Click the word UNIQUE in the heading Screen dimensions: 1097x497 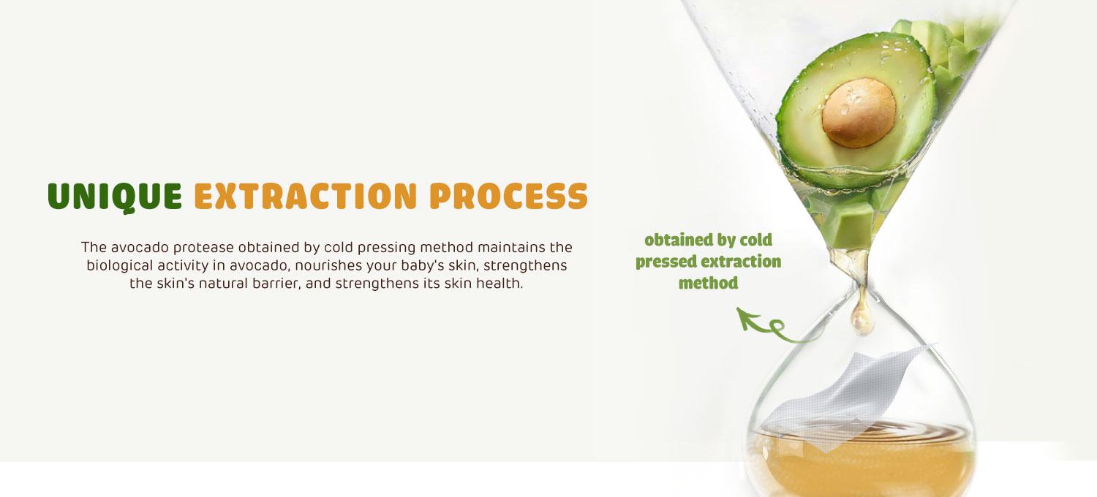(115, 197)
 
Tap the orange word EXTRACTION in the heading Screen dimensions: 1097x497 (306, 197)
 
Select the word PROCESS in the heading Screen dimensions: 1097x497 (508, 197)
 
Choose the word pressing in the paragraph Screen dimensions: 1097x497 (386, 248)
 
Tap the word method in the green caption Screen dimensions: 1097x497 (708, 283)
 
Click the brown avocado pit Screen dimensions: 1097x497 (859, 113)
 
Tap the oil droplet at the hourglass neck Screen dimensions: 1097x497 (862, 316)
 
